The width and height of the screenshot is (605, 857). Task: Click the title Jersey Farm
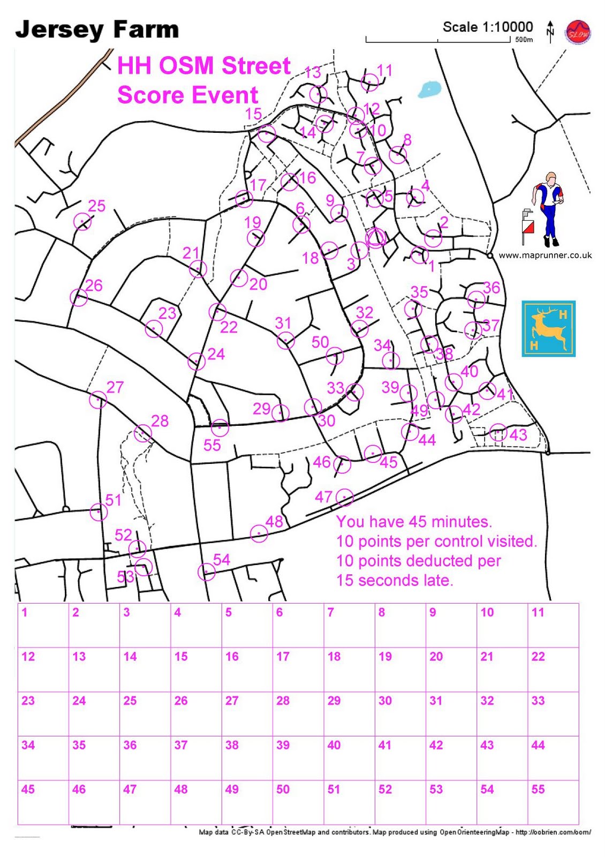coord(97,30)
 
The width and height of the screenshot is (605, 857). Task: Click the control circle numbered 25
coord(82,221)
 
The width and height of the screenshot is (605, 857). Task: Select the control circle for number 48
coord(259,533)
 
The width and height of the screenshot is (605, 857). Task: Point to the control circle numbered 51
coord(99,512)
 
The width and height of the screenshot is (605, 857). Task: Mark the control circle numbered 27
coord(98,400)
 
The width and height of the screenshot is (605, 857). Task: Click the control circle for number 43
coord(498,432)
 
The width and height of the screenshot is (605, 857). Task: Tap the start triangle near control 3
coord(376,237)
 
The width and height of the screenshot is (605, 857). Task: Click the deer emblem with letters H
coord(549,329)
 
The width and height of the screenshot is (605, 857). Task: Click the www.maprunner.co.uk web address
coord(545,255)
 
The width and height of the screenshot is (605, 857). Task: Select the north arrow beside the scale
coord(550,32)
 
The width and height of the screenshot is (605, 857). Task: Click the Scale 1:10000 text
coord(488,27)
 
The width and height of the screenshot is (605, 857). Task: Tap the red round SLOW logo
coord(578,33)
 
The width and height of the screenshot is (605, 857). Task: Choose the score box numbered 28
coord(298,713)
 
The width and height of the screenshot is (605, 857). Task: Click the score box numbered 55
coord(553,802)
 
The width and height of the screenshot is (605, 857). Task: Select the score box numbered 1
coord(43,625)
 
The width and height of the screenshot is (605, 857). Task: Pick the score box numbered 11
coord(553,625)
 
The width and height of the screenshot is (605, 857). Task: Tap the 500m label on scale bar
coord(524,40)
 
